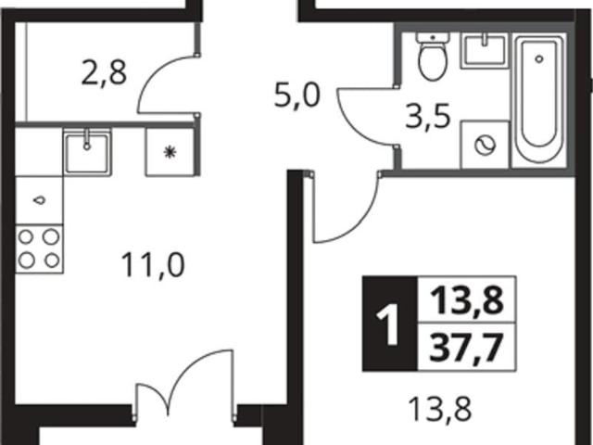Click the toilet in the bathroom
coord(433,56)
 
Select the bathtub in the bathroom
coord(539,100)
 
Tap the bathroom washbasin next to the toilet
coord(484,51)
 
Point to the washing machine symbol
coord(485,145)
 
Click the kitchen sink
coord(87,151)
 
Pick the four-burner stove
coord(39,248)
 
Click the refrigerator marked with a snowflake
coord(170,152)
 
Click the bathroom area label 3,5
coord(428,117)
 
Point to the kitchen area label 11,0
coord(153,265)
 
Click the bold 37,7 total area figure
coord(466,349)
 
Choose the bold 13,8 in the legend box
coord(467,300)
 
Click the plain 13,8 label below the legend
coord(440,410)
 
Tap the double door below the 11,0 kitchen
coord(184,382)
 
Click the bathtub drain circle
coord(539,58)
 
